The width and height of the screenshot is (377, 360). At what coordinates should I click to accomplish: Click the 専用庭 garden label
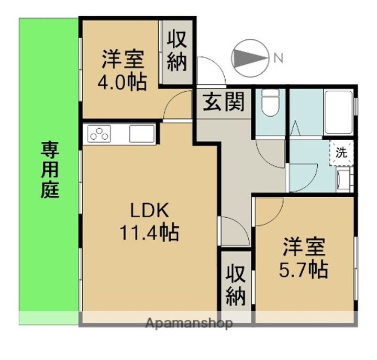pyautogui.click(x=50, y=170)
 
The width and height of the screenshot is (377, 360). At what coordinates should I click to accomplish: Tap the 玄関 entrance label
pyautogui.click(x=224, y=102)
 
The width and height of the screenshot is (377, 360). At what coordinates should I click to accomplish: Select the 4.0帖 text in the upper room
pyautogui.click(x=122, y=82)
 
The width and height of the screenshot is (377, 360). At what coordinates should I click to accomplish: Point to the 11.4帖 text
pyautogui.click(x=149, y=232)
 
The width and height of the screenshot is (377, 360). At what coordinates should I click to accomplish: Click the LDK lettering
pyautogui.click(x=149, y=210)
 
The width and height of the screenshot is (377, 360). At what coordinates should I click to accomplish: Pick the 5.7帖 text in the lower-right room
pyautogui.click(x=303, y=270)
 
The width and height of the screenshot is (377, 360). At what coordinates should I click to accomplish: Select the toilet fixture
pyautogui.click(x=270, y=103)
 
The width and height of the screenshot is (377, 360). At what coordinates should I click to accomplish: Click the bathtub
pyautogui.click(x=338, y=112)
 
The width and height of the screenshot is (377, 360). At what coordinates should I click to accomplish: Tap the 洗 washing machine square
pyautogui.click(x=341, y=153)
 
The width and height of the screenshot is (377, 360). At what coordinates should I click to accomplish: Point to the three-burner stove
pyautogui.click(x=99, y=134)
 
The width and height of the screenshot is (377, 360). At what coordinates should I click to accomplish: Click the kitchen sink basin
pyautogui.click(x=142, y=134)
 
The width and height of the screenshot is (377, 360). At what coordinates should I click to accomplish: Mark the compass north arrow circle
pyautogui.click(x=250, y=58)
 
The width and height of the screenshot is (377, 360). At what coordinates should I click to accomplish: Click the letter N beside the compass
pyautogui.click(x=279, y=58)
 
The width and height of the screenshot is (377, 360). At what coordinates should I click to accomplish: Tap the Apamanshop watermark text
pyautogui.click(x=189, y=323)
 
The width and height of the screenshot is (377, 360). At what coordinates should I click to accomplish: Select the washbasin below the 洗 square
pyautogui.click(x=345, y=180)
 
